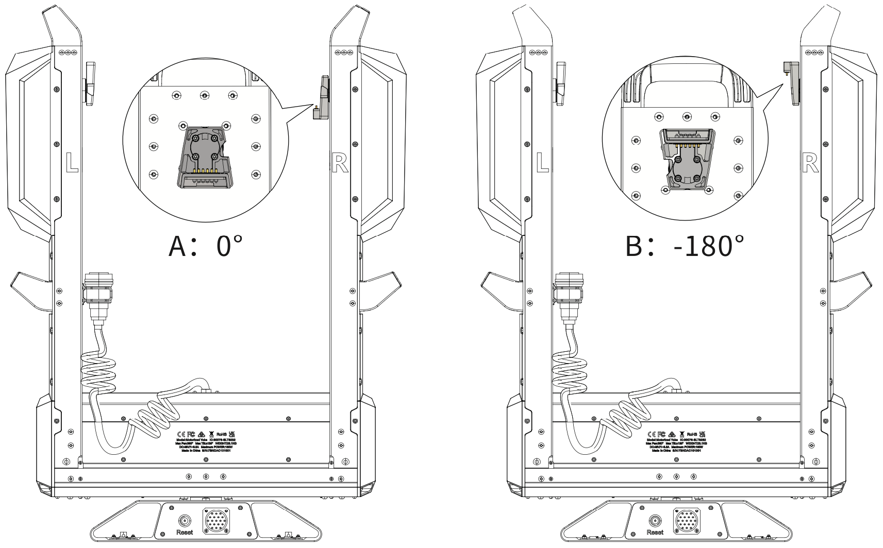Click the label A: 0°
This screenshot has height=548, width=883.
[205, 246]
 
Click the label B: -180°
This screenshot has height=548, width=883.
[685, 246]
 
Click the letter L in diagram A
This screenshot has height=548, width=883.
[72, 162]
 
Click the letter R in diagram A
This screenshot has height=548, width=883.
[340, 163]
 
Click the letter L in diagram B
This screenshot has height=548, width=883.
[542, 162]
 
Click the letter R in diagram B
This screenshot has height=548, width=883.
[810, 163]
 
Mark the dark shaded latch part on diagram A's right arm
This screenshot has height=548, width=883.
[323, 98]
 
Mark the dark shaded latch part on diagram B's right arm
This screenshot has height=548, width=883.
[792, 82]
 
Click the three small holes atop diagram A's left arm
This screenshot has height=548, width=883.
[68, 53]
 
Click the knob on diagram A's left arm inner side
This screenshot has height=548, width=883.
[90, 83]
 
